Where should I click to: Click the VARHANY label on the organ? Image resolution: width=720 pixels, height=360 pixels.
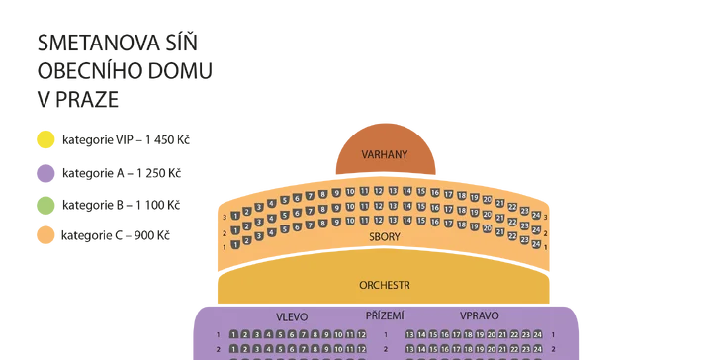click(x=385, y=155)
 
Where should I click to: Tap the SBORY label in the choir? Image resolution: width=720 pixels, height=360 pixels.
click(x=385, y=237)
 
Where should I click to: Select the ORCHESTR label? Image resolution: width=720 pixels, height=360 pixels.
click(x=385, y=285)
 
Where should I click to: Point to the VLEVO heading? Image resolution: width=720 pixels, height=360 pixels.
click(x=291, y=317)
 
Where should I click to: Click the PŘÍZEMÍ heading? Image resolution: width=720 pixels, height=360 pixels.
click(x=385, y=315)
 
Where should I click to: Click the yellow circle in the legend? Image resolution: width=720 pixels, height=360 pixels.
click(x=45, y=139)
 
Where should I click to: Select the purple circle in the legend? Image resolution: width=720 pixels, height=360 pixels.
click(x=45, y=172)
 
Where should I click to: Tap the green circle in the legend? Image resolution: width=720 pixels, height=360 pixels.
click(x=45, y=205)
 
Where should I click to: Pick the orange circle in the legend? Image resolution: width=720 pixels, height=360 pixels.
click(x=45, y=235)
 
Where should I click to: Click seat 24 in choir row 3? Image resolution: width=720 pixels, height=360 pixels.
click(x=536, y=216)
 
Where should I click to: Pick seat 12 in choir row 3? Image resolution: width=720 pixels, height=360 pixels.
click(x=379, y=190)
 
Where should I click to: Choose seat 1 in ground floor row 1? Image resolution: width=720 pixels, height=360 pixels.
click(x=234, y=335)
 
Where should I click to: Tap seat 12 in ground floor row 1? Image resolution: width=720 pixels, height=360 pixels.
click(x=361, y=335)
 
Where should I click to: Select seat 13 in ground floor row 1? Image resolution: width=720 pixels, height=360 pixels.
click(x=409, y=335)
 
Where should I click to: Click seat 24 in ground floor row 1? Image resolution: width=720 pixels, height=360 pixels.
click(x=537, y=335)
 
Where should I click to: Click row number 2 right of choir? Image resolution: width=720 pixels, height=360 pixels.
click(x=545, y=231)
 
